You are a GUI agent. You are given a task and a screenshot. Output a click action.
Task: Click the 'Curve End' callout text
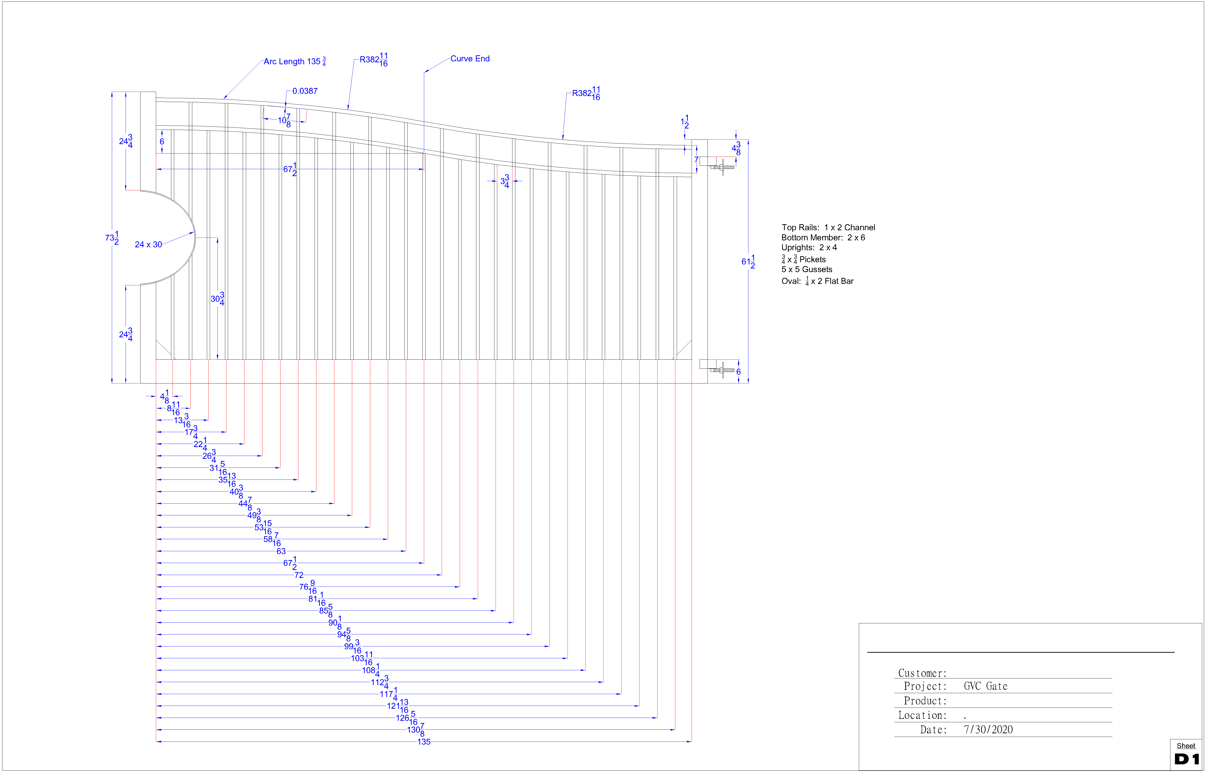470,59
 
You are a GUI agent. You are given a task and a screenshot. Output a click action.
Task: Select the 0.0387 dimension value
305,91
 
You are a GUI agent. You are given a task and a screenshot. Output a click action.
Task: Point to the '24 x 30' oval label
148,244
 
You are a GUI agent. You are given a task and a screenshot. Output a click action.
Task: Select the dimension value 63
281,551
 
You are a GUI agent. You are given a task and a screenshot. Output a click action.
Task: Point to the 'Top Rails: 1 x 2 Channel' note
828,227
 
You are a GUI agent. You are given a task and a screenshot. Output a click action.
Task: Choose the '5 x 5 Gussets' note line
806,269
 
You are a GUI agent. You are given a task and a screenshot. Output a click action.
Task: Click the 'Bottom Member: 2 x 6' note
823,237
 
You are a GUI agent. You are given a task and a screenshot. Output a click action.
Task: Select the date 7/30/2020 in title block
988,730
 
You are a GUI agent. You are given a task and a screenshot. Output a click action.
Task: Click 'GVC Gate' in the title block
985,686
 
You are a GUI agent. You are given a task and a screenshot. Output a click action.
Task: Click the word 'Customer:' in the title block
922,673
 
